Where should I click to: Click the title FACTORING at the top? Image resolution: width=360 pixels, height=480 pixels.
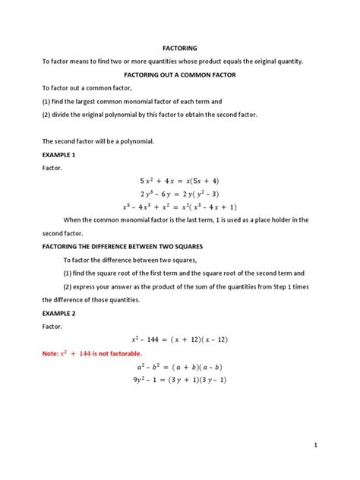[x=179, y=47]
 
